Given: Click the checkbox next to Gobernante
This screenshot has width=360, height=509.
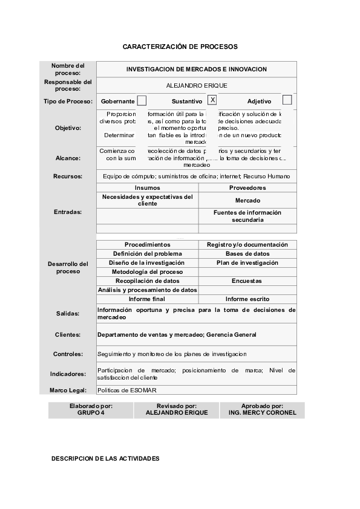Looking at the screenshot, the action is pyautogui.click(x=142, y=101).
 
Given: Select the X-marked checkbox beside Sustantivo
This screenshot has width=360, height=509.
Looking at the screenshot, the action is pyautogui.click(x=212, y=100).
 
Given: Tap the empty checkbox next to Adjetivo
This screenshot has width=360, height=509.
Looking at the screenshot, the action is pyautogui.click(x=287, y=100).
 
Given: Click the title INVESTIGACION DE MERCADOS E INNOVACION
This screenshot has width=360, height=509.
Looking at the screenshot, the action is pyautogui.click(x=196, y=70).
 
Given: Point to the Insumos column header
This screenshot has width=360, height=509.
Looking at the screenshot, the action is pyautogui.click(x=147, y=188).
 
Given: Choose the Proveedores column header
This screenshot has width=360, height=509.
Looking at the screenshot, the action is pyautogui.click(x=247, y=188).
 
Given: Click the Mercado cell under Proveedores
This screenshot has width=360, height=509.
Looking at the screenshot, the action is pyautogui.click(x=247, y=200).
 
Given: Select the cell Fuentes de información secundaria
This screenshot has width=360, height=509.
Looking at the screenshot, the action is pyautogui.click(x=247, y=216).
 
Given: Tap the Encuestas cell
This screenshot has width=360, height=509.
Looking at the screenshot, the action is pyautogui.click(x=247, y=281).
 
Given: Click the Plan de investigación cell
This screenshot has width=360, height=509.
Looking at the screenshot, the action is pyautogui.click(x=247, y=263).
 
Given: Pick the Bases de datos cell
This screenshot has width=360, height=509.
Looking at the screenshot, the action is pyautogui.click(x=247, y=254).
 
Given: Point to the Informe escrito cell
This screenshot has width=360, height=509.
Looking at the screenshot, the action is pyautogui.click(x=247, y=299).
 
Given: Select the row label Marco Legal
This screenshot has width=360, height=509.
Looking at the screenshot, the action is pyautogui.click(x=68, y=390).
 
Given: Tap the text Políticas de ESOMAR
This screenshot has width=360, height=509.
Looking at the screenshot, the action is pyautogui.click(x=127, y=391).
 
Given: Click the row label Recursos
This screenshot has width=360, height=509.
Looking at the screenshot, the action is pyautogui.click(x=68, y=177).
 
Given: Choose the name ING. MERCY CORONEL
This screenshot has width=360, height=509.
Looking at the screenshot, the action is pyautogui.click(x=262, y=413).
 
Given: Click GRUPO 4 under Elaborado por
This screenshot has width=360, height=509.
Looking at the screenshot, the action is pyautogui.click(x=91, y=413).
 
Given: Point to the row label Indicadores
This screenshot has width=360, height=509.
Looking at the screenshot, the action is pyautogui.click(x=68, y=374).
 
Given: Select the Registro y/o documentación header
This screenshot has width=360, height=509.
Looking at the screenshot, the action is pyautogui.click(x=247, y=245).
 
